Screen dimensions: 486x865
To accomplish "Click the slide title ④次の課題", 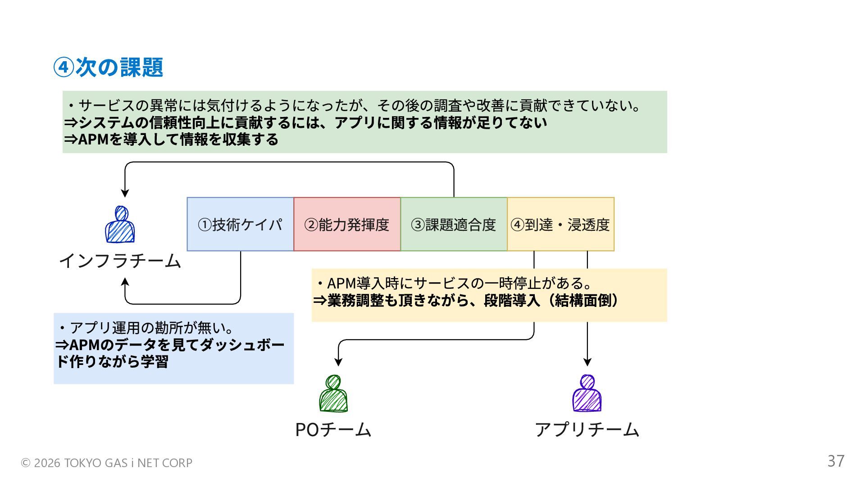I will [108, 67].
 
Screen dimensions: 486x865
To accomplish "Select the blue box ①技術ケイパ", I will [240, 224].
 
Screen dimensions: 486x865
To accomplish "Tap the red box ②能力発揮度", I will [347, 224].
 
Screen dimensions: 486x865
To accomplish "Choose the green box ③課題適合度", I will [454, 224].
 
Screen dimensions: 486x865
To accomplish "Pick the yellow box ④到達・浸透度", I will [560, 224].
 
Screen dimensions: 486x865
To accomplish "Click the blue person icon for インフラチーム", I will [120, 225].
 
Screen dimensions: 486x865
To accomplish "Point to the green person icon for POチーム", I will [333, 394].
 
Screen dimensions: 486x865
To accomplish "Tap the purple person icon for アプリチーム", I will [587, 394].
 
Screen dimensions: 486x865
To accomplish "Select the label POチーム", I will [333, 430].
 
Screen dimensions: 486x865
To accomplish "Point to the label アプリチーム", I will [587, 430].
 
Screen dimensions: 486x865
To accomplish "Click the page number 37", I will [836, 461].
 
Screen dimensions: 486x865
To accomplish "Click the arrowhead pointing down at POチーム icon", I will [338, 362].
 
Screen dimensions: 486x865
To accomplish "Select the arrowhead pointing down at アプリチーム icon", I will [587, 362].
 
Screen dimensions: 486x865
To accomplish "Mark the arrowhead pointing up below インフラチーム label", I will [125, 282].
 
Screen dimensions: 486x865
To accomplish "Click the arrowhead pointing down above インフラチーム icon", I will [125, 193].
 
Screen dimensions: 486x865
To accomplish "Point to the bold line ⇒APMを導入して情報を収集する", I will [171, 139].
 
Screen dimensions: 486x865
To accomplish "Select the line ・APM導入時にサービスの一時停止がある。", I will [453, 283].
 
